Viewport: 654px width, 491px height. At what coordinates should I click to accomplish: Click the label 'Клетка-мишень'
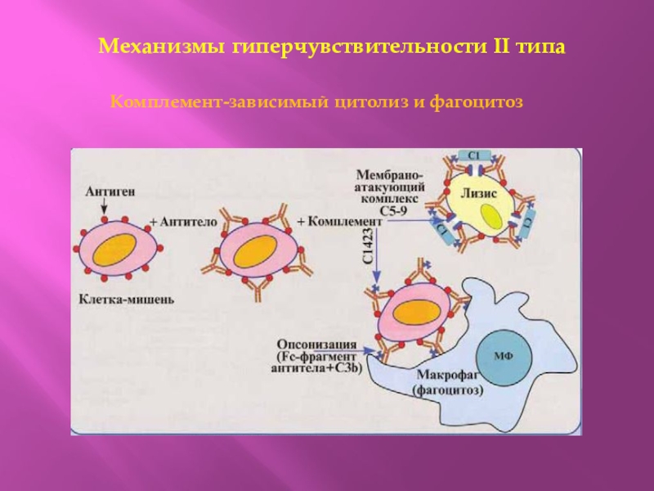[125, 300]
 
